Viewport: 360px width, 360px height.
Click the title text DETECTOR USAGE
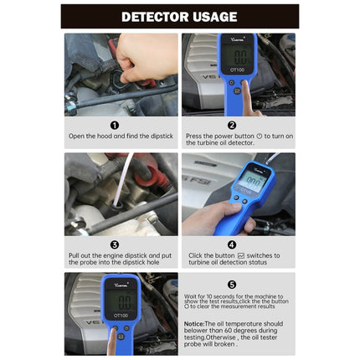point(179,16)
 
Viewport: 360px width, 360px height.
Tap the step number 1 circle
point(115,125)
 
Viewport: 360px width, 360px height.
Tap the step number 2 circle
point(232,125)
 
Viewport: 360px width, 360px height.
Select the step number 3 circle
point(115,244)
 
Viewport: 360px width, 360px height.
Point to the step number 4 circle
point(232,244)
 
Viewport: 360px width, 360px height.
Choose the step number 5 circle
point(232,284)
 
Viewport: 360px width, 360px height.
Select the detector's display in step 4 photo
point(251,180)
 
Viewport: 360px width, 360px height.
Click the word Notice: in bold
point(194,323)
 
